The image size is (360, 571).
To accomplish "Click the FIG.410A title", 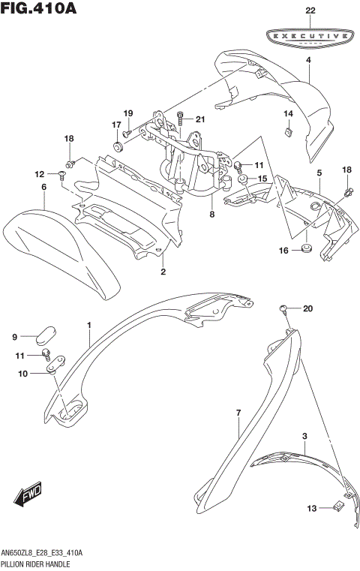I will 39,9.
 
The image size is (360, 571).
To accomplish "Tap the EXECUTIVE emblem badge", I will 308,35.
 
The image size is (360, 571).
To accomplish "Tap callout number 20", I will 307,308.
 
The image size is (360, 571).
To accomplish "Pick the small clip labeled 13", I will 337,508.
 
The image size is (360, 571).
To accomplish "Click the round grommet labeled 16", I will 306,250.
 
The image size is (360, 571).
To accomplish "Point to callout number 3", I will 304,436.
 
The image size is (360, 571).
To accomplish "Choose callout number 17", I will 117,125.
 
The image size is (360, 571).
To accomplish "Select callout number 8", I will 212,214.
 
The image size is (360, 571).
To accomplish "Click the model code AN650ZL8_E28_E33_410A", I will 41,551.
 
